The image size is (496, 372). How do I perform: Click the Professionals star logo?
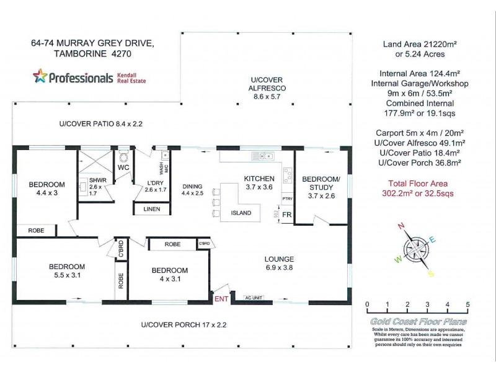[40, 77]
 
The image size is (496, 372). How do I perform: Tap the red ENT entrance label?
[221, 299]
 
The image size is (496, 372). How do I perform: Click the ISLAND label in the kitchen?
[242, 213]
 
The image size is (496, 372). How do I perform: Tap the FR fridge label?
[286, 215]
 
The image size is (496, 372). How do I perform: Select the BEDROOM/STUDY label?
[321, 184]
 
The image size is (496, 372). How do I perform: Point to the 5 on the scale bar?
[467, 304]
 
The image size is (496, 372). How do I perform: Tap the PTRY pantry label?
[287, 198]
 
